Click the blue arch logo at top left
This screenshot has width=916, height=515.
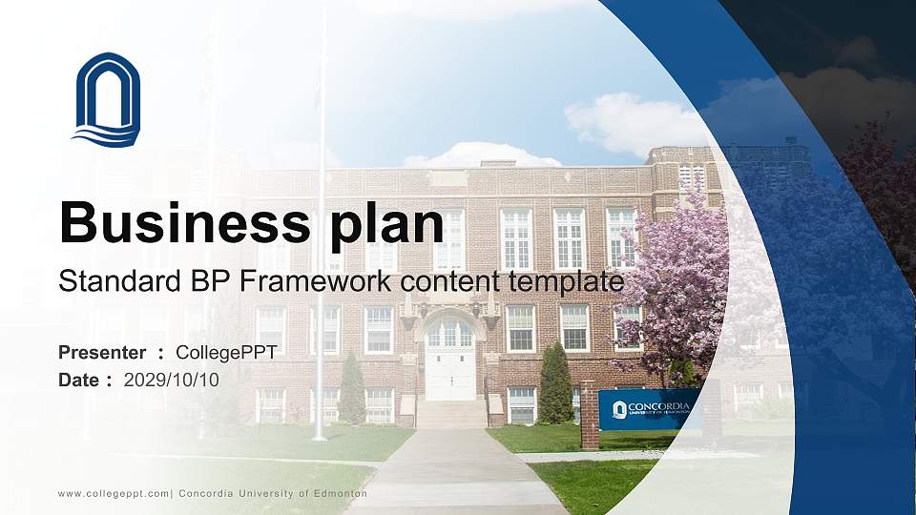coord(107,99)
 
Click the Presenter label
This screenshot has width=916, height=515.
coord(102,353)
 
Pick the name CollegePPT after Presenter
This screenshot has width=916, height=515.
coord(226,353)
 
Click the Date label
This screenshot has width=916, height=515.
coord(79,380)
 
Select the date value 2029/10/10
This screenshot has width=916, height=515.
coord(172,380)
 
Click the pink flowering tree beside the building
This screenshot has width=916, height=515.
coord(679,286)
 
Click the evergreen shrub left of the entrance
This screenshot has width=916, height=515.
coord(352,389)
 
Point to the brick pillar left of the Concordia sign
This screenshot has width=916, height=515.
coord(589,415)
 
